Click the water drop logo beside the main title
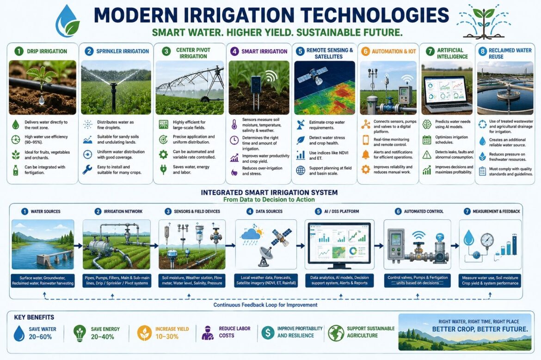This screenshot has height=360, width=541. (68, 21)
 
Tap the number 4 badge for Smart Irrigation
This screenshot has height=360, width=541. (234, 51)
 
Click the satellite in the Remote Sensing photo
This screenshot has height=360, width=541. (310, 76)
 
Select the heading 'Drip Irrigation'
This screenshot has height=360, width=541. (47, 51)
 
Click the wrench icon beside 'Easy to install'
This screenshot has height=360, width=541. (87, 169)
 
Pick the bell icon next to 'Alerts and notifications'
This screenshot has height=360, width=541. (365, 155)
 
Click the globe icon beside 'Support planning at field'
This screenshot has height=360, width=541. (301, 170)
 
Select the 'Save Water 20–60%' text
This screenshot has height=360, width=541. (43, 333)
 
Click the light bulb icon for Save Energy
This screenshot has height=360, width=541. (80, 333)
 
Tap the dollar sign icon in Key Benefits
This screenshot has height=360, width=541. (268, 332)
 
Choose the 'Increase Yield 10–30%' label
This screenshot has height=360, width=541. (172, 333)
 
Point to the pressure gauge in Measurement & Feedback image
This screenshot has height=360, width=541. (487, 240)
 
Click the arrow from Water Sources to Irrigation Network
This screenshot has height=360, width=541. (78, 246)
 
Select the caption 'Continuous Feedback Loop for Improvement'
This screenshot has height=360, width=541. (265, 305)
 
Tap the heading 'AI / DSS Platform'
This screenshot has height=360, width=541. (342, 211)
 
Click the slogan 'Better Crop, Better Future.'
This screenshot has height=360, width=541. (480, 329)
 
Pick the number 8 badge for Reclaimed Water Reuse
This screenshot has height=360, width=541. (482, 52)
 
